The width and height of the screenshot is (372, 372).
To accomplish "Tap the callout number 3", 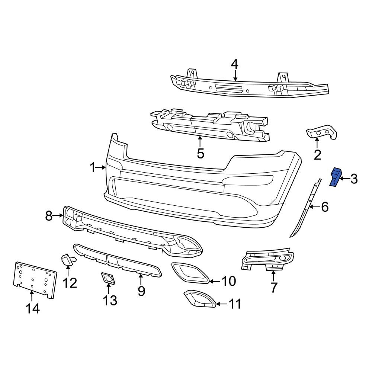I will point(354,179).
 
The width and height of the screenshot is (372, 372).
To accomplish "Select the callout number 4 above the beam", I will point(234,64).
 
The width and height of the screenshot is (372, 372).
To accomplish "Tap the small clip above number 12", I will point(68,259).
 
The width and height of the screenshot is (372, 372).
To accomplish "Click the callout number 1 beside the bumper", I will point(93,168).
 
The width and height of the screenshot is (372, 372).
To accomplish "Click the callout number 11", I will point(234,304).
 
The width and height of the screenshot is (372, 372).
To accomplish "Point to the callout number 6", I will point(325,207).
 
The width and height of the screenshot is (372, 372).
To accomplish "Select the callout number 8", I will point(49,215).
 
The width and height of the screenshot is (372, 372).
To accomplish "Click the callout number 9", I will point(141,291).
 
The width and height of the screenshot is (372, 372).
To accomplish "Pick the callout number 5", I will point(201,153).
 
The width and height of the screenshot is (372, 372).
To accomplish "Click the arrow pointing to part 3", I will point(344,179).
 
